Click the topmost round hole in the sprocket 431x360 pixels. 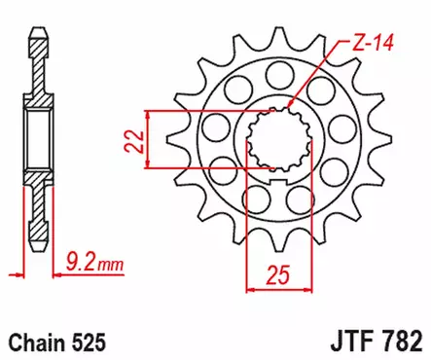[277, 73]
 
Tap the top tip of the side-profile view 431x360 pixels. [39, 29]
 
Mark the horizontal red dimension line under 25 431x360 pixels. [278, 287]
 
